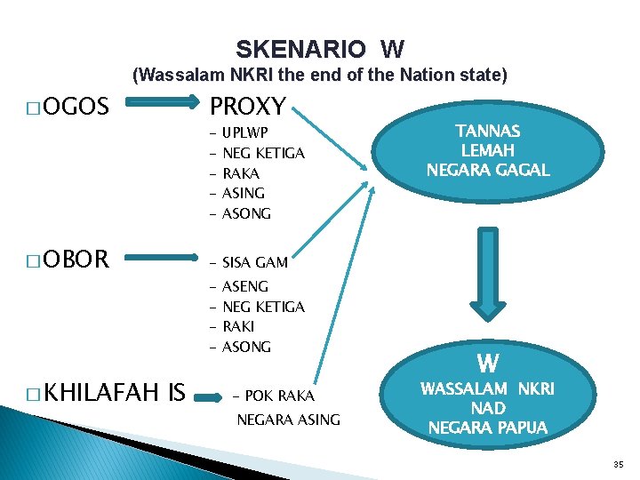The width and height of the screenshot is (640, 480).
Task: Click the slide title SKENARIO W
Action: (x=320, y=48)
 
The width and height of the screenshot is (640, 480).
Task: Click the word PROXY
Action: (x=247, y=108)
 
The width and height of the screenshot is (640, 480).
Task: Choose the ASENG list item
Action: (x=245, y=286)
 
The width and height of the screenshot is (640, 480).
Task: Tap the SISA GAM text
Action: (x=255, y=262)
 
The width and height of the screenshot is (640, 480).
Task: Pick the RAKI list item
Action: (x=238, y=326)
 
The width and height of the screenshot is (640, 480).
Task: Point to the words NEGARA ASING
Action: (x=288, y=420)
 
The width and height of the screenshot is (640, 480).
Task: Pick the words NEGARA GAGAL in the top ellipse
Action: (x=487, y=169)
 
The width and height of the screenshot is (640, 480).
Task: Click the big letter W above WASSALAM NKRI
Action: (x=487, y=364)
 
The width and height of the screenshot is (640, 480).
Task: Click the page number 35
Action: (x=619, y=464)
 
